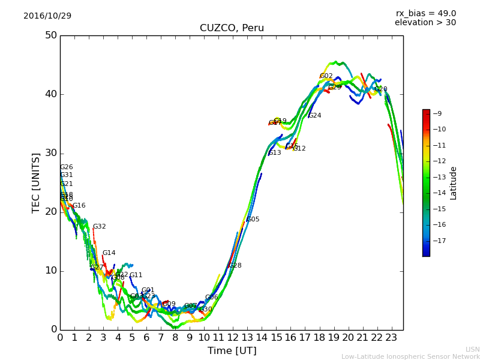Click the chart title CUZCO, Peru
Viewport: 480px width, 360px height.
(232, 28)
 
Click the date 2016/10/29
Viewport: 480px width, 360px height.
(47, 16)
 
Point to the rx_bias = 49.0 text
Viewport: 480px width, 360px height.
(425, 14)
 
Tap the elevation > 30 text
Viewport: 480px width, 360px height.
(425, 23)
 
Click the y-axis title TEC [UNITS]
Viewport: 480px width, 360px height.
(36, 182)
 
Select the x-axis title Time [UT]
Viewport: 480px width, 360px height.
(232, 350)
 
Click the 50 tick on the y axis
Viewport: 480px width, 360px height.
(51, 35)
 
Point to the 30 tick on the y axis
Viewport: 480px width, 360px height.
(51, 153)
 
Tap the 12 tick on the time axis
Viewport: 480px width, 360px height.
(233, 337)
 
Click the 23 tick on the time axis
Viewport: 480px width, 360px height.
(391, 337)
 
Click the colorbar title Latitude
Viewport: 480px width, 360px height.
(454, 183)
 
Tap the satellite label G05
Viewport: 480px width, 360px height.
(253, 220)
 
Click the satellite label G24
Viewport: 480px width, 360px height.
(314, 116)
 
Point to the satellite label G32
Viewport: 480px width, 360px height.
(99, 227)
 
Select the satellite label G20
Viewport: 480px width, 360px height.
(380, 89)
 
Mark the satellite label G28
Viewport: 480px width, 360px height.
(235, 266)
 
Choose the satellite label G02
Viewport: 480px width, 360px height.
(326, 76)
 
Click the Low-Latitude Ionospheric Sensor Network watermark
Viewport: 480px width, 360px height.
(410, 356)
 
